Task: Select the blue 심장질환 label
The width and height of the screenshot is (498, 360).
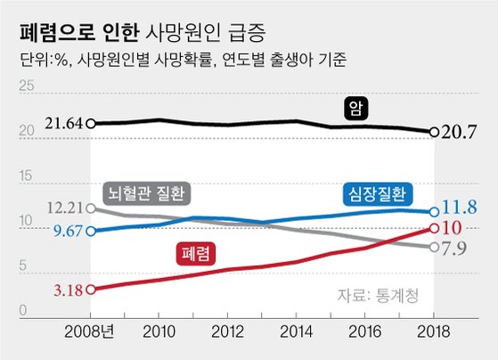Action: tap(376, 194)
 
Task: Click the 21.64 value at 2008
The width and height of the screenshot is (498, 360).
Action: tap(62, 122)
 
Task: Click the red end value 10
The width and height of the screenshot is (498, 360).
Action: tap(455, 227)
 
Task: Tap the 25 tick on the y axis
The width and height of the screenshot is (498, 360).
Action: tap(26, 87)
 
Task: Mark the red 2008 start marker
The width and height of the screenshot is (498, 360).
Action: tap(91, 289)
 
